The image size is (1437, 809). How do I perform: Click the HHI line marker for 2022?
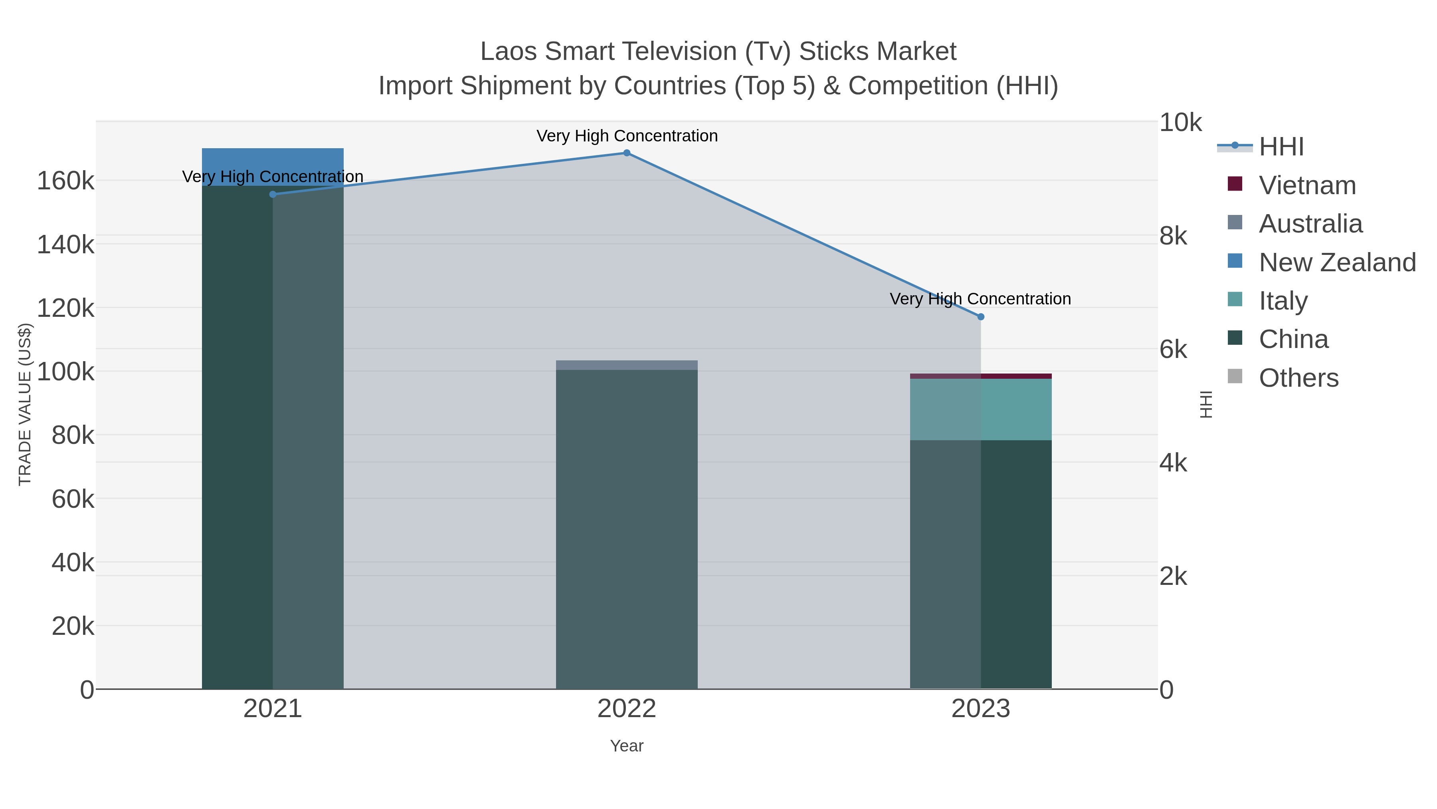pos(626,153)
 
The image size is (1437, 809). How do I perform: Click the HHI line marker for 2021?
pos(273,194)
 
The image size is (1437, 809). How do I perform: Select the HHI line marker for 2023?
pos(981,316)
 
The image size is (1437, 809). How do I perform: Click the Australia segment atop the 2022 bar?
pos(626,365)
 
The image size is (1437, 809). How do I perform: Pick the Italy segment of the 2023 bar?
pos(981,409)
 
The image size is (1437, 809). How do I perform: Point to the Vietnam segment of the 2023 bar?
pos(981,376)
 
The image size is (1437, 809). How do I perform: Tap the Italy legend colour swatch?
pos(1235,299)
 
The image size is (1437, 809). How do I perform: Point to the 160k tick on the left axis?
pos(66,181)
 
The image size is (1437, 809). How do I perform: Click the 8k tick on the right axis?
pos(1173,236)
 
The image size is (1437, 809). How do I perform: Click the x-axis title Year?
pos(626,746)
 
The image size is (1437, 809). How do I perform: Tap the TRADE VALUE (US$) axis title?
pos(25,404)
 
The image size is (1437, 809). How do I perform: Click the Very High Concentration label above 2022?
pos(626,136)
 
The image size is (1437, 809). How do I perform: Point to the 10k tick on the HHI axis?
pos(1180,122)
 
